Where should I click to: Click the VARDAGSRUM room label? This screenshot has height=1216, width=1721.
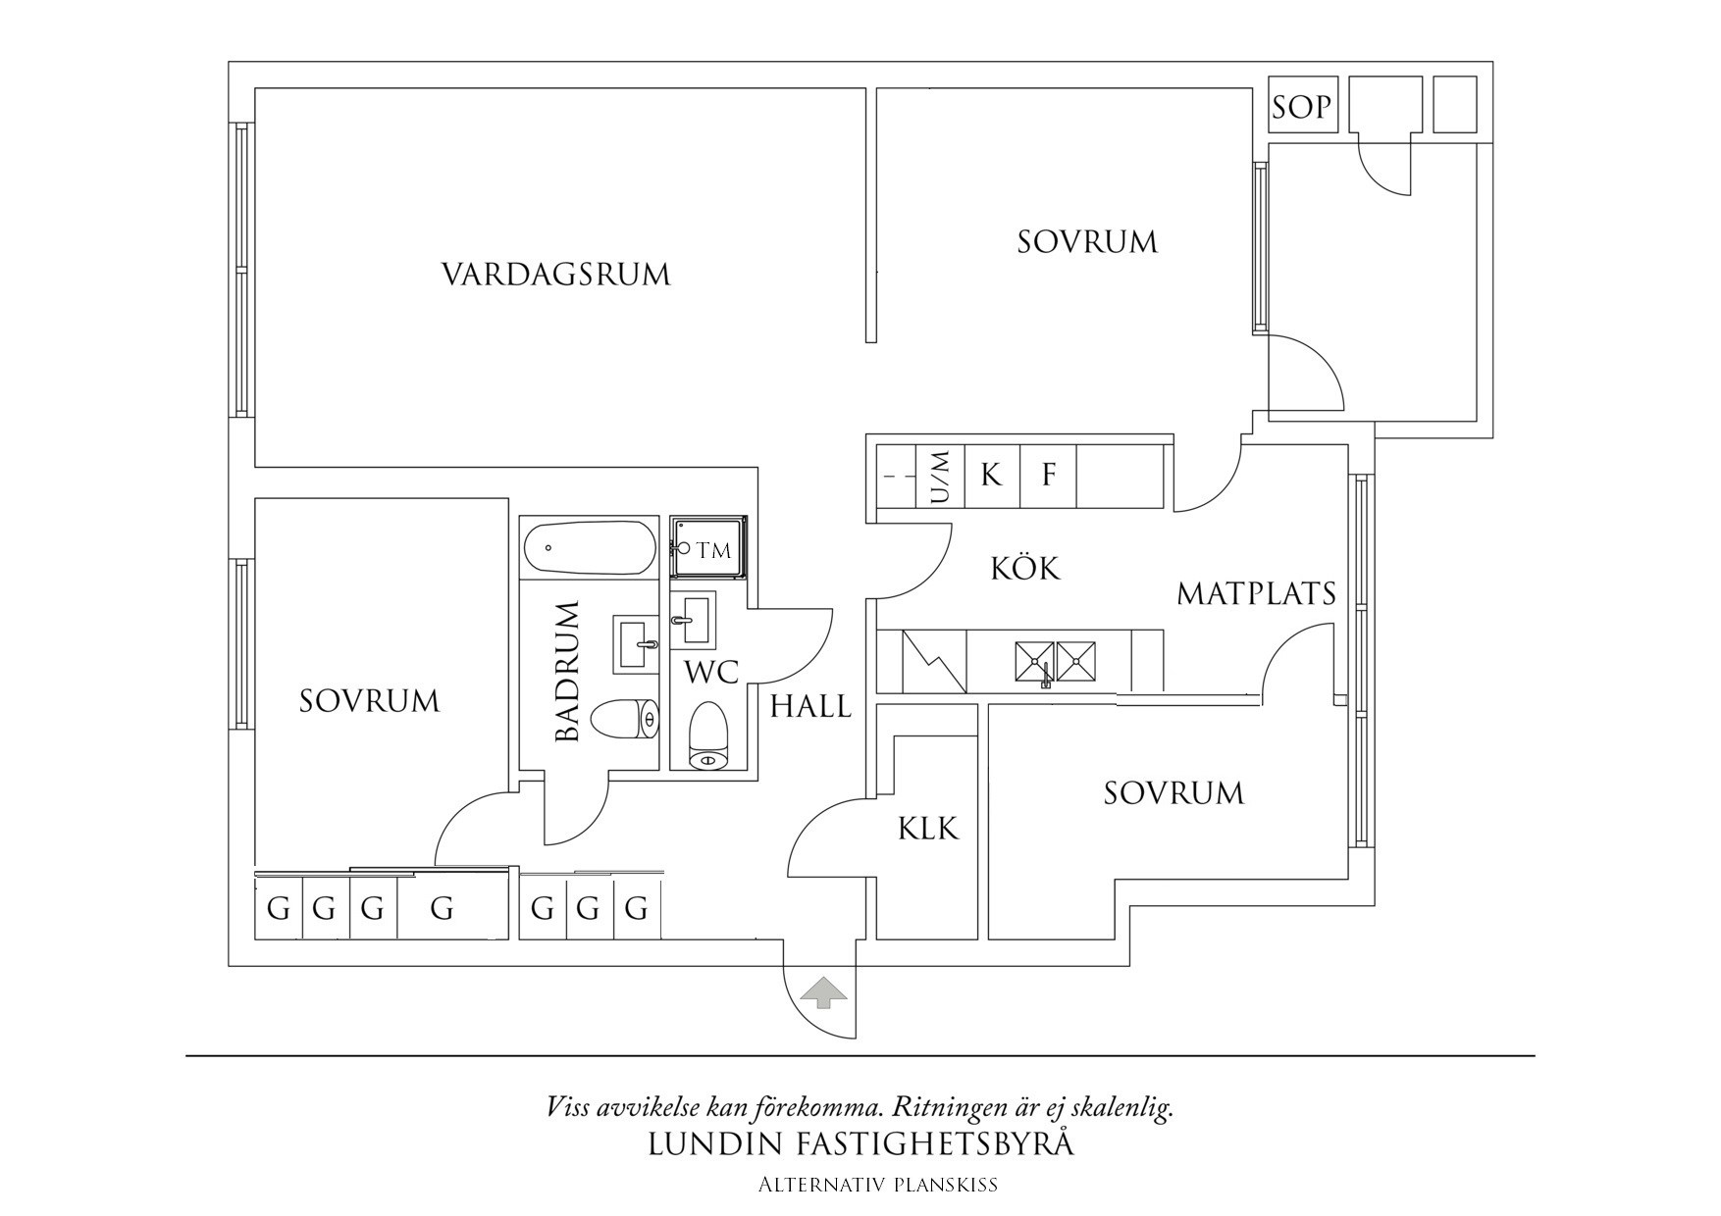pos(555,274)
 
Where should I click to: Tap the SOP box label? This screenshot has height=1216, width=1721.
pos(1301,106)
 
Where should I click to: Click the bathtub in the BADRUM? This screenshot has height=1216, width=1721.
pos(589,549)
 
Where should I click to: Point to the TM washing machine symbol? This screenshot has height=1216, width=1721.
pos(708,550)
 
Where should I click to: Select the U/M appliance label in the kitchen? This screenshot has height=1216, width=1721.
pos(940,477)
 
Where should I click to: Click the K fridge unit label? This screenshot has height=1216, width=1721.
pos(992,477)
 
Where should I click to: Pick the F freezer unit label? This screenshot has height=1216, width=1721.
pos(1048,477)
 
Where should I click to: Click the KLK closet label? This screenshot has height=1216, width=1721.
pos(927,829)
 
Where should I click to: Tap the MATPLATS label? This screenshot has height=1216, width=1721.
pos(1256,593)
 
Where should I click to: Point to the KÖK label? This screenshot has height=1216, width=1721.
pos(1024,569)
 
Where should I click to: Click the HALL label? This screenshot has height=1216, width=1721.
pos(810,706)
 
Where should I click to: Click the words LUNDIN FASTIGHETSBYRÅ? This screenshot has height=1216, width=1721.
pos(860,1144)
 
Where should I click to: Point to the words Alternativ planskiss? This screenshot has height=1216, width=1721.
pos(877,1185)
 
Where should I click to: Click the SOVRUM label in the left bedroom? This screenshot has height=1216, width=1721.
pos(369,701)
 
